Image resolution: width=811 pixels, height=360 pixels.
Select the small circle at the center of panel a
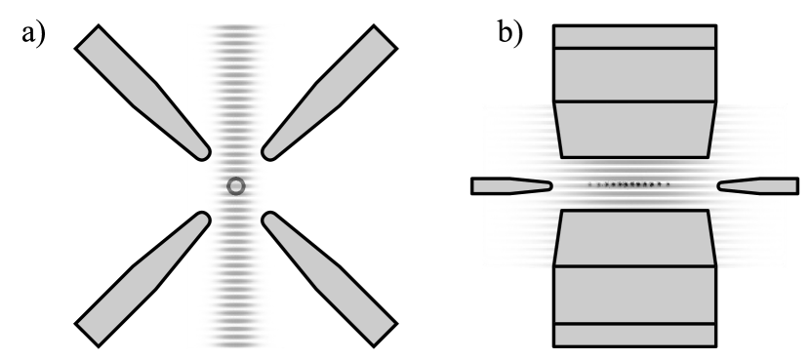click(235, 184)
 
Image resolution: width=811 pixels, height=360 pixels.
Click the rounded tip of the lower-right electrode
click(269, 218)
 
